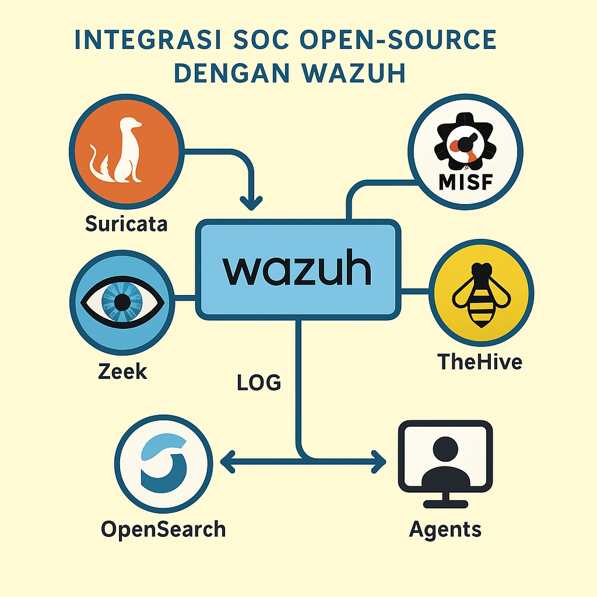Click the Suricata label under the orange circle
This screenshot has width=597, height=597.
[126, 223]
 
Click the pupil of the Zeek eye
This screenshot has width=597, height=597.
[122, 301]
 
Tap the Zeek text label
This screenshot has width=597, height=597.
[122, 370]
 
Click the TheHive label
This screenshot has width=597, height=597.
[479, 361]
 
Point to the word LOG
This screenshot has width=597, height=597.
[259, 382]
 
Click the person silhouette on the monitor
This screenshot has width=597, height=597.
[445, 462]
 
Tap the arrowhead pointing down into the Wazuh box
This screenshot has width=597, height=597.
[251, 203]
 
